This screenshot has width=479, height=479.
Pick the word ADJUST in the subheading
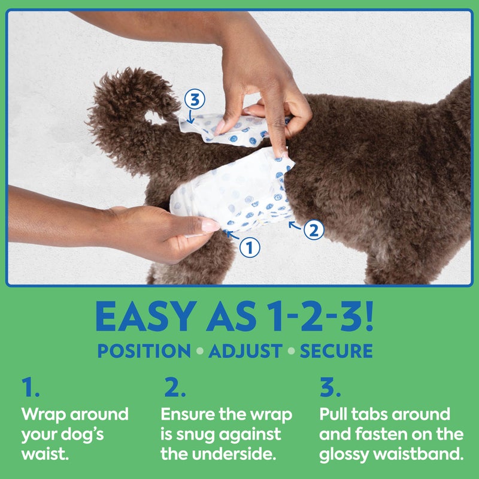pyautogui.click(x=247, y=351)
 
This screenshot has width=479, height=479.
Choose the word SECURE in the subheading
pyautogui.click(x=336, y=351)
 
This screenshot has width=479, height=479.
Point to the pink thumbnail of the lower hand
pyautogui.click(x=210, y=225)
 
